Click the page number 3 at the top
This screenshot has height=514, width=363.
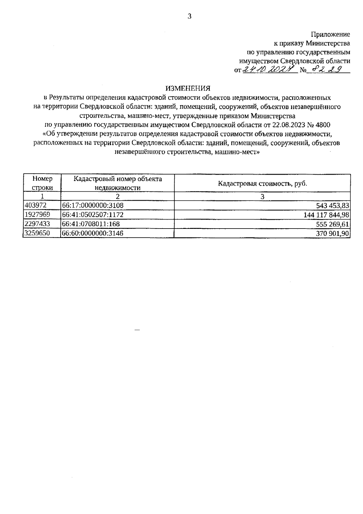pyautogui.click(x=190, y=17)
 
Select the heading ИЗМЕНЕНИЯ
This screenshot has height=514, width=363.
pyautogui.click(x=188, y=88)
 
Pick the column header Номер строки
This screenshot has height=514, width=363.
pyautogui.click(x=42, y=183)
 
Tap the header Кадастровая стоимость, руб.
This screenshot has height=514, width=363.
pyautogui.click(x=263, y=183)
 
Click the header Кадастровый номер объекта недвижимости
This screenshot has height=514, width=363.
pyautogui.click(x=118, y=183)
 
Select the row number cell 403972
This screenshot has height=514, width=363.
pyautogui.click(x=35, y=205)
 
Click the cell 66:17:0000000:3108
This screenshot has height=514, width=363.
pyautogui.click(x=93, y=206)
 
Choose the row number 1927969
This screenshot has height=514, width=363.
pyautogui.click(x=37, y=214)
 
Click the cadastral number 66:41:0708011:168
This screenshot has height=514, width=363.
pyautogui.click(x=91, y=224)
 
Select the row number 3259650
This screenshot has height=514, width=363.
pyautogui.click(x=37, y=233)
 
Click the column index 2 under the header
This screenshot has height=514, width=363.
pyautogui.click(x=118, y=196)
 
